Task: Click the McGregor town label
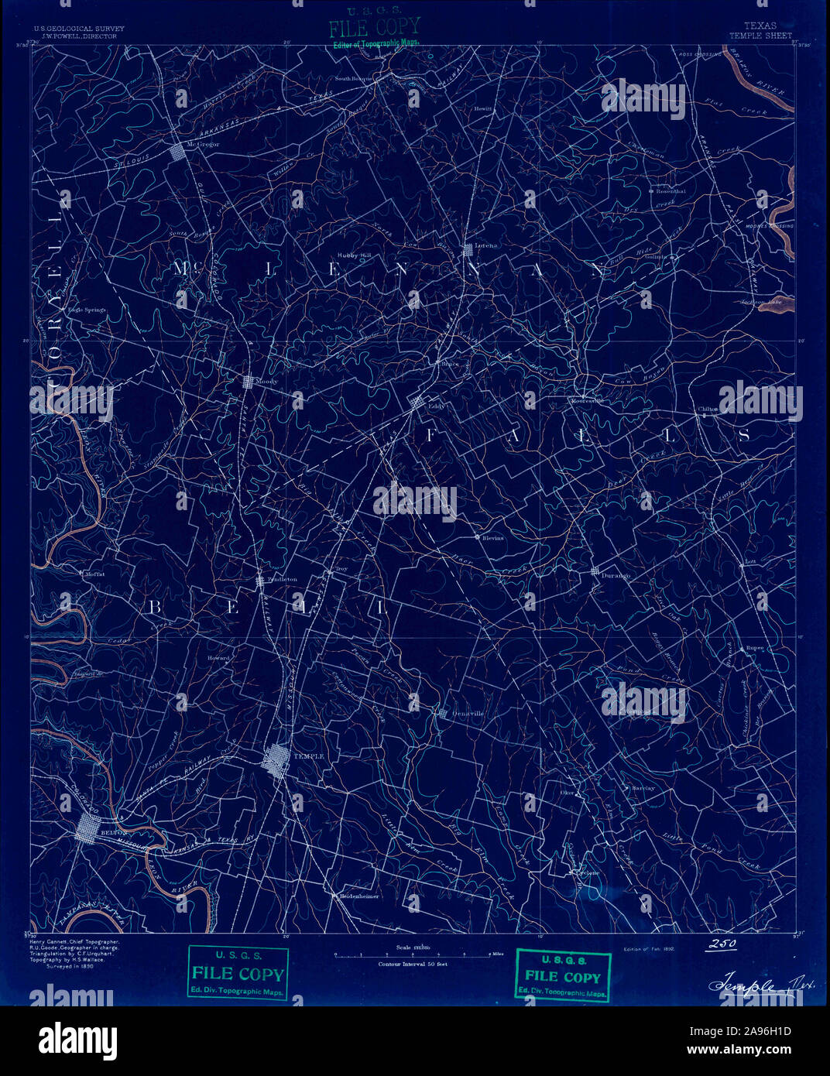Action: [x=204, y=144]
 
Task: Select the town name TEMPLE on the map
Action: [x=309, y=756]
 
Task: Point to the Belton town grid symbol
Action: [x=87, y=833]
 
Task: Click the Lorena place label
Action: [x=486, y=245]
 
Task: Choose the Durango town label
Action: [x=616, y=576]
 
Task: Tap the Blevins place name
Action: [x=492, y=538]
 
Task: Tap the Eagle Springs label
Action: [x=87, y=310]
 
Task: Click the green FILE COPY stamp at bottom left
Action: [x=238, y=974]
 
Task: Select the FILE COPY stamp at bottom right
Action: [x=563, y=976]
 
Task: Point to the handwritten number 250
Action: [x=721, y=944]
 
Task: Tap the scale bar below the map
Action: [x=413, y=955]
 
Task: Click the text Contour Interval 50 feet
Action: [x=413, y=965]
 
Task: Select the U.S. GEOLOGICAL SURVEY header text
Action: [x=79, y=29]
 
